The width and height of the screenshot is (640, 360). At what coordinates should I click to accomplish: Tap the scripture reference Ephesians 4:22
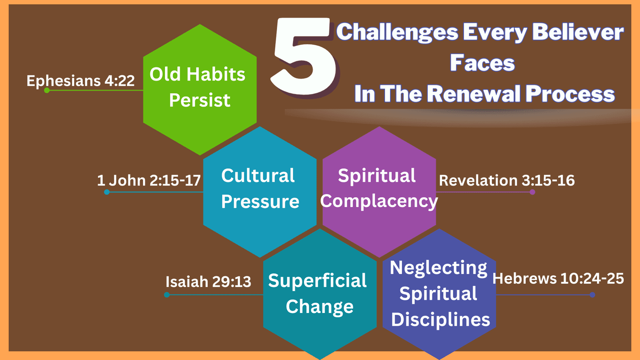click(x=80, y=81)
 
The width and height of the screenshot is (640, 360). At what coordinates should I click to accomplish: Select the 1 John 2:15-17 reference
click(x=149, y=180)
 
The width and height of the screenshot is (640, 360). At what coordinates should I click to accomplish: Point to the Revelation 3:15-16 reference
click(x=507, y=180)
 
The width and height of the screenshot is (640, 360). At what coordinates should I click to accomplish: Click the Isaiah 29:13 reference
click(x=208, y=282)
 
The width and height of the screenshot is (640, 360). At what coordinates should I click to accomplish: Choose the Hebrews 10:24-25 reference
click(x=558, y=278)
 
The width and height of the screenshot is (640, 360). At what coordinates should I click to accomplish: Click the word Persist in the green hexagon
click(x=199, y=101)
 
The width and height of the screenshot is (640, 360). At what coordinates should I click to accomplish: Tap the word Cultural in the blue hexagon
click(x=258, y=175)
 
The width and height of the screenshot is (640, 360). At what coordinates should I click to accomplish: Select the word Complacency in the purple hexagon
click(x=379, y=202)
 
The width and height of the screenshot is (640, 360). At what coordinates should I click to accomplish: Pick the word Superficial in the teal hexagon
click(x=317, y=281)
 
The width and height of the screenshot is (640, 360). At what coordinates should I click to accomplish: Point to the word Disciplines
click(x=440, y=319)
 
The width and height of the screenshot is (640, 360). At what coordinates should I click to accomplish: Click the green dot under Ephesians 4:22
click(x=47, y=90)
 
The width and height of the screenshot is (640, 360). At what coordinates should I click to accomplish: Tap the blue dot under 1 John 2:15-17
click(x=107, y=192)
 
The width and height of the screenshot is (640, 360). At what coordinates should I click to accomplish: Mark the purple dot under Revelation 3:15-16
click(x=532, y=192)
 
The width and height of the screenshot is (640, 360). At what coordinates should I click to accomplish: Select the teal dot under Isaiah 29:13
click(x=167, y=295)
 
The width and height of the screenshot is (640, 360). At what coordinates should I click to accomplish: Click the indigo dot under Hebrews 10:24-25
click(x=592, y=295)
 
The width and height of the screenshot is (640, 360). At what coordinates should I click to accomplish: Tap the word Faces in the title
click(x=482, y=63)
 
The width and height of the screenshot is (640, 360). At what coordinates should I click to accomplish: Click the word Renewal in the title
click(x=475, y=94)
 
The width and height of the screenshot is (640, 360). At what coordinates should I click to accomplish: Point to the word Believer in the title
click(x=578, y=32)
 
